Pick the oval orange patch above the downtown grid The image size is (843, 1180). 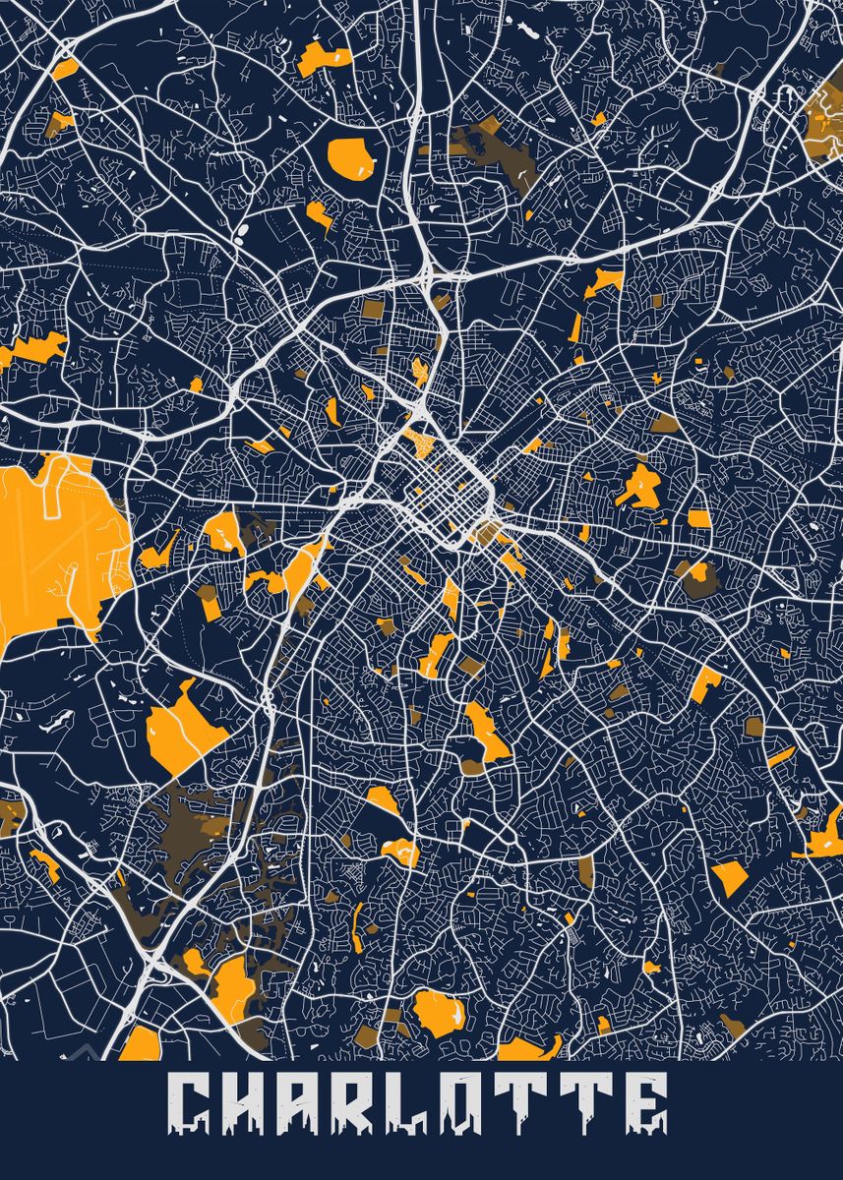[349, 157]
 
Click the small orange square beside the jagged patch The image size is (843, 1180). [699, 518]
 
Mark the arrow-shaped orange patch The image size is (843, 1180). [729, 876]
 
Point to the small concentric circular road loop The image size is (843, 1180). [786, 99]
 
